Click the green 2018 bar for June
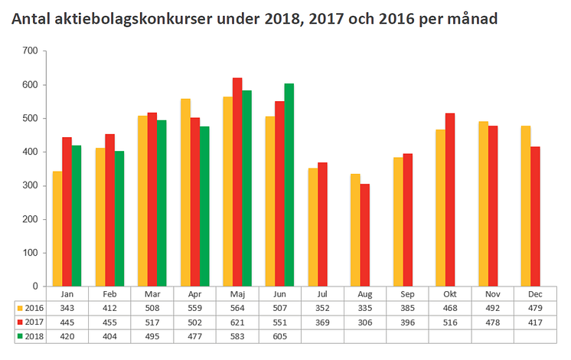[289, 185]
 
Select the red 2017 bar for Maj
[237, 182]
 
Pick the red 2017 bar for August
[365, 235]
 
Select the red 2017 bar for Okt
[450, 199]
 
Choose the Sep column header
[407, 293]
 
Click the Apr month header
[194, 293]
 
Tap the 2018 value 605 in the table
[279, 335]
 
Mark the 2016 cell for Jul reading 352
[321, 307]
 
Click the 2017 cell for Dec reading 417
[534, 322]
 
